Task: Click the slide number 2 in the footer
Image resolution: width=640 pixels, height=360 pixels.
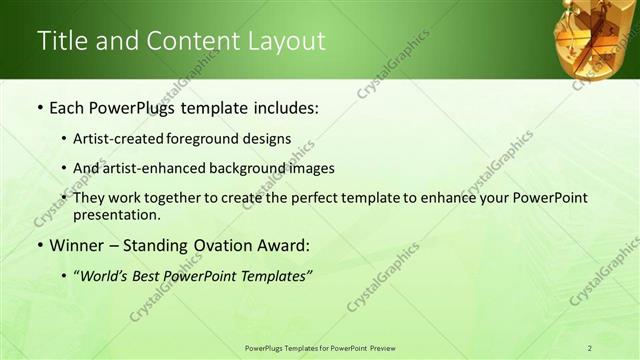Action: click(x=590, y=348)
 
